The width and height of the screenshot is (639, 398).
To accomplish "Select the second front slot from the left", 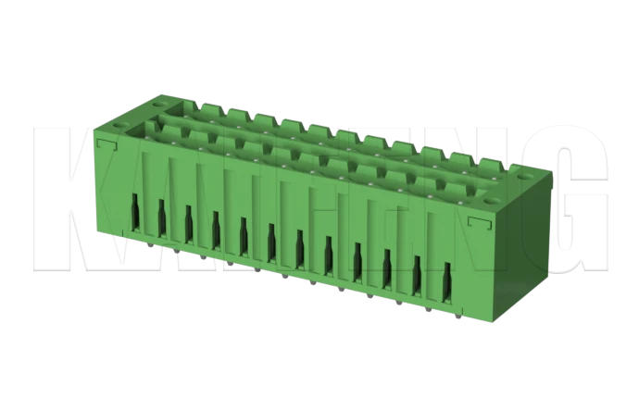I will pyautogui.click(x=161, y=218).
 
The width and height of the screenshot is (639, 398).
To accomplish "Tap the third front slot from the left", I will pyautogui.click(x=188, y=223).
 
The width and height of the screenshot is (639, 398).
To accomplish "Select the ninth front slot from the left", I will pyautogui.click(x=357, y=260).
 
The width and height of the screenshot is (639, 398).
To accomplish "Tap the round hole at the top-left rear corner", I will pyautogui.click(x=165, y=93).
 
